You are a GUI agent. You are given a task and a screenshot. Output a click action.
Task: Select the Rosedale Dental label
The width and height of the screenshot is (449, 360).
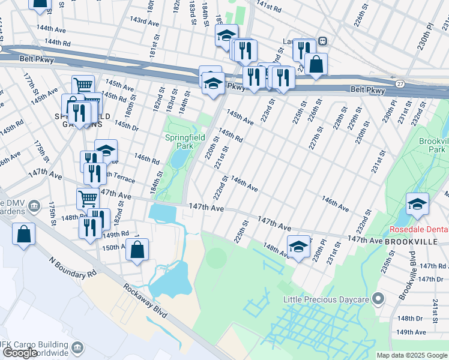pos(419,229)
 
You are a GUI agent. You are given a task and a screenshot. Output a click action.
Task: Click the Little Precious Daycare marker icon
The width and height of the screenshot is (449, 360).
pos(378,298)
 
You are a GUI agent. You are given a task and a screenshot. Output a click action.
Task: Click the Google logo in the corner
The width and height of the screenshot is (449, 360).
pos(20,353)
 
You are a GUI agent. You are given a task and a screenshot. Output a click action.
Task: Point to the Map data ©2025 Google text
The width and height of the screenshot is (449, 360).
pos(411,355)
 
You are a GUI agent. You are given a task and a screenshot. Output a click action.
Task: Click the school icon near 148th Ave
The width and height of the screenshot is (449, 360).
pos(298,246)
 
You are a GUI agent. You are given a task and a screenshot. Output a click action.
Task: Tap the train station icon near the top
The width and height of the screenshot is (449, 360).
pos(323,41)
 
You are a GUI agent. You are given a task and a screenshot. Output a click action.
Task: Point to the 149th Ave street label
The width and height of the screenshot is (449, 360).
pos(411,332)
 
